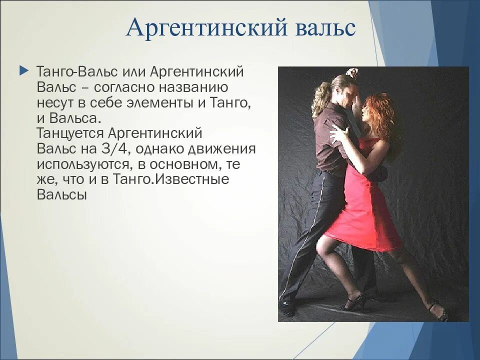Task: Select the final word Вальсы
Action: click(x=62, y=195)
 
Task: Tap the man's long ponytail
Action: click(x=320, y=97)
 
